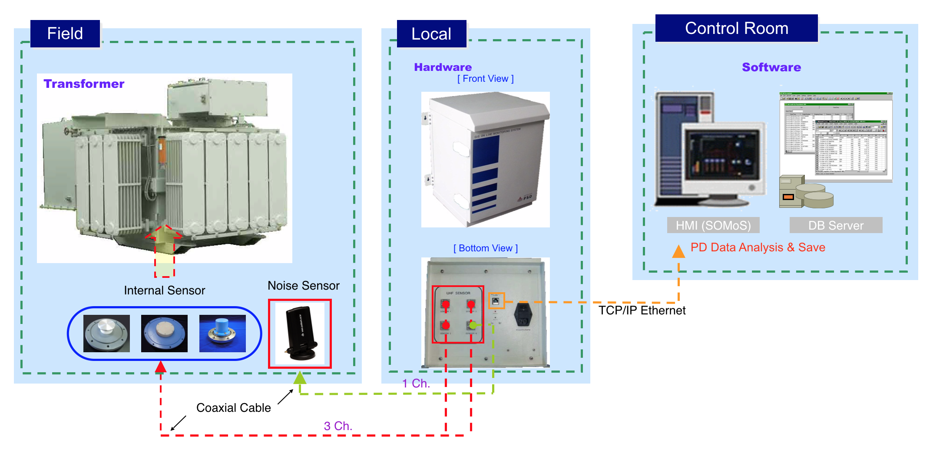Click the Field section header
65,33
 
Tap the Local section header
431,34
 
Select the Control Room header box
736,28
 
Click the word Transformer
84,83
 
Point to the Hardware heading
443,67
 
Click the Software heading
771,67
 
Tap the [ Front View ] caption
485,79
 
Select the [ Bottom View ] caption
486,248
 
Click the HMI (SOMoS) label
713,225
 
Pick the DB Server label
836,225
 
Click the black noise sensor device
301,334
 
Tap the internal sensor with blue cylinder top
222,334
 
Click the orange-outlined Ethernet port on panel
496,300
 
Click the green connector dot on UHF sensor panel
473,325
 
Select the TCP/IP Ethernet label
642,310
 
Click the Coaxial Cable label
233,408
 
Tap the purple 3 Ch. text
338,426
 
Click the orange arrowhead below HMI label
678,252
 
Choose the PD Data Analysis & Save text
758,247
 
